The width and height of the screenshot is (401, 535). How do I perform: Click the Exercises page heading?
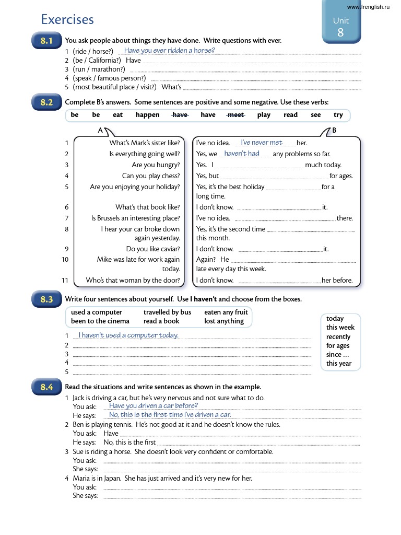click(67, 20)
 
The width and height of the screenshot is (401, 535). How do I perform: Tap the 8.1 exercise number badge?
click(47, 41)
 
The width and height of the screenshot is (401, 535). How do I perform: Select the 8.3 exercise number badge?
click(47, 299)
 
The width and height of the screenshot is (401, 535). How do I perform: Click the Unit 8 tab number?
click(340, 32)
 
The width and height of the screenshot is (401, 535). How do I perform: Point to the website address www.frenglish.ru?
click(368, 7)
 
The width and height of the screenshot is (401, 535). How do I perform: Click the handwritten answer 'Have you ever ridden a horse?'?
click(169, 51)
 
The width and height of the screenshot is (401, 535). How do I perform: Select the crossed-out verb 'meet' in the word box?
click(237, 115)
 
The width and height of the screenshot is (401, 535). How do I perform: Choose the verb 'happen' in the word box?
click(147, 115)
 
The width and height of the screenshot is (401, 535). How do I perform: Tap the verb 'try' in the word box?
click(338, 115)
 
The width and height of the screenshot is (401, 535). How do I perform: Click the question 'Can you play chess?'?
click(150, 176)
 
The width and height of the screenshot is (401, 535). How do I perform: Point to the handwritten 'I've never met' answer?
click(261, 143)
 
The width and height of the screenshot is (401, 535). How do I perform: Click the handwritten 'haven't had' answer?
click(241, 154)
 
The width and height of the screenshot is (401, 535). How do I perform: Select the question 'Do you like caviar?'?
click(152, 249)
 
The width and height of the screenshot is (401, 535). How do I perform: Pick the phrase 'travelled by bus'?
click(167, 312)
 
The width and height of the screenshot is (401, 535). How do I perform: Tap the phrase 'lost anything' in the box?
click(223, 321)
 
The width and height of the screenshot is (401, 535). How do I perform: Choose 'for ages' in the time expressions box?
click(338, 346)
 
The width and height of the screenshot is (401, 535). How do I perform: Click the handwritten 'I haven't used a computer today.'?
click(128, 335)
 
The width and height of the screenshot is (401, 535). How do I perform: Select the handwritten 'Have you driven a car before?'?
click(153, 405)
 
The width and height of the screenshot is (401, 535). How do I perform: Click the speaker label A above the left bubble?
click(100, 130)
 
